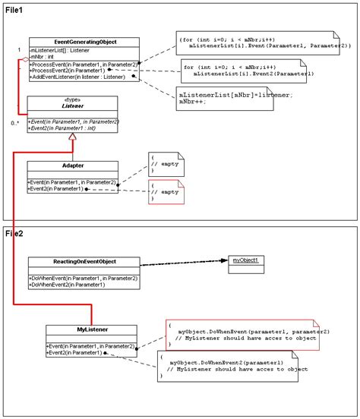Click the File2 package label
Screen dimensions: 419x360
click(15, 234)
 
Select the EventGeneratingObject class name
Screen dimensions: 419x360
click(74, 42)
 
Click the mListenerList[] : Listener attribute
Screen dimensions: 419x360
click(58, 50)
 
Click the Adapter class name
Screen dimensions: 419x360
click(73, 165)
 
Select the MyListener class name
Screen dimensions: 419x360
click(90, 329)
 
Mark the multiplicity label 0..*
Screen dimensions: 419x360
click(15, 122)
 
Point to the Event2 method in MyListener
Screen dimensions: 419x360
click(76, 352)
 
